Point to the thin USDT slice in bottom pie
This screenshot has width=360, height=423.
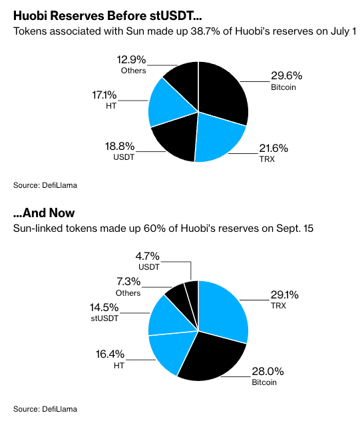[192, 293]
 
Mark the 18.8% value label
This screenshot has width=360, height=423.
[121, 146]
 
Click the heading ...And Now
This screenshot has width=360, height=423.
[44, 213]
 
